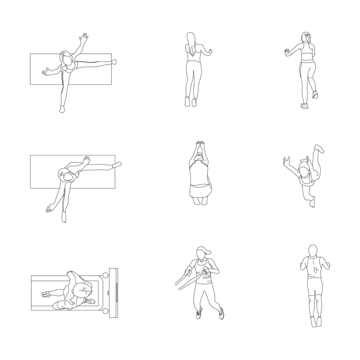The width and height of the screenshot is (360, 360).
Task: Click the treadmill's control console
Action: coord(113,293)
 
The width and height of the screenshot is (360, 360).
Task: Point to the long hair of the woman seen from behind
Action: coord(191,44)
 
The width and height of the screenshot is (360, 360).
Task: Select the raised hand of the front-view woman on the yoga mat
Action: coord(84,38)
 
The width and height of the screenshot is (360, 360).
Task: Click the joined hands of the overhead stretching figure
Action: coord(200,144)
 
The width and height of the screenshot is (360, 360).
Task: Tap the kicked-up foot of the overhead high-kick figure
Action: coord(319,148)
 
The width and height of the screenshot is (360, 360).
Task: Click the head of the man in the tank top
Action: coord(313,251)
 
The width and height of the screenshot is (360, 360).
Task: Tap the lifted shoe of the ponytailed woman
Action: coord(315,94)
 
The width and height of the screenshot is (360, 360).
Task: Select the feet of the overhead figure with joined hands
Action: coord(199,201)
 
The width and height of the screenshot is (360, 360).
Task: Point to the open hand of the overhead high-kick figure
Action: coord(287,161)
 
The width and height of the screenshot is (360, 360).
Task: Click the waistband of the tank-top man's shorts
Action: coord(314,278)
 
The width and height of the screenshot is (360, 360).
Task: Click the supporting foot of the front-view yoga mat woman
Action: coord(62,110)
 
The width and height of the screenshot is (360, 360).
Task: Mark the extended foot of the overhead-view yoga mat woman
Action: coord(117,165)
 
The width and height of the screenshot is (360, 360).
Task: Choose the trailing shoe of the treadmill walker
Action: coord(45,294)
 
